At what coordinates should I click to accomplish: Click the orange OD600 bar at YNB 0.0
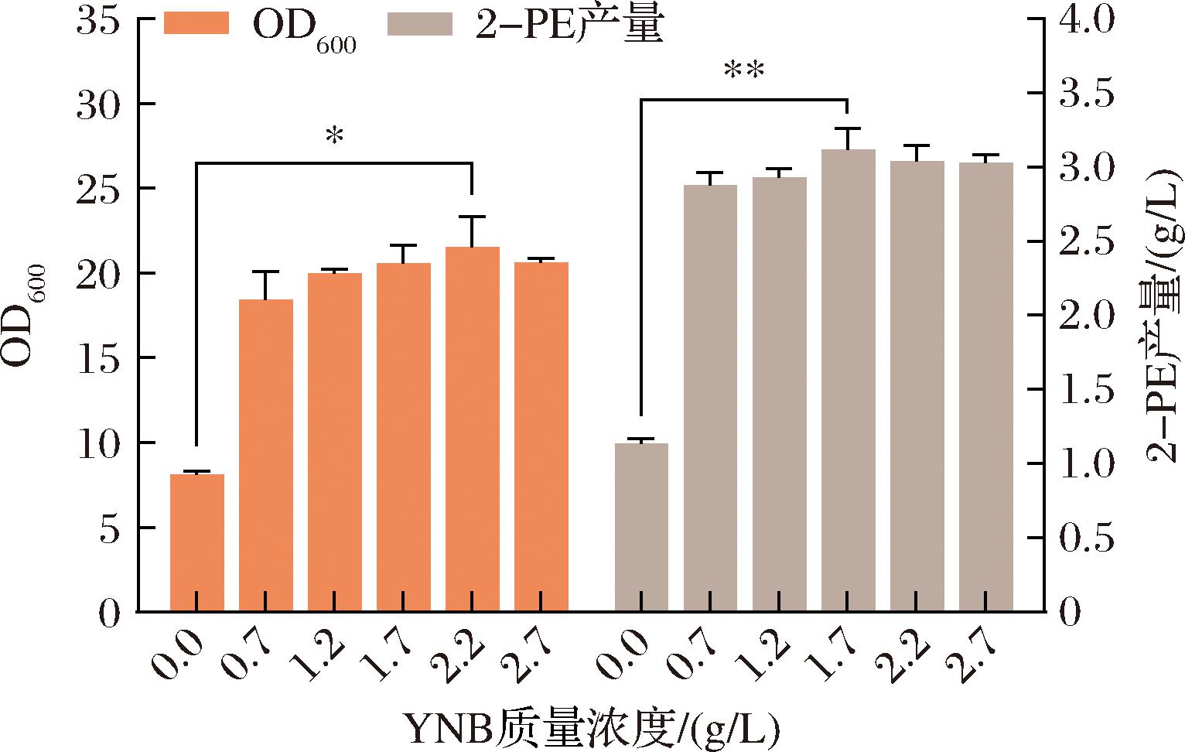tap(196, 542)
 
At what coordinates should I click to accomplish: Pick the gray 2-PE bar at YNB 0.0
tap(641, 526)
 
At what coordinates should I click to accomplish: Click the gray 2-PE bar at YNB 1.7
tap(848, 379)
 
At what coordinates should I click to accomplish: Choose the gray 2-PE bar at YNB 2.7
tap(985, 387)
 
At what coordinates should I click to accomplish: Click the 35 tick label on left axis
tap(98, 21)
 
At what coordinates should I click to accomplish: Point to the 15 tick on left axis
tap(98, 358)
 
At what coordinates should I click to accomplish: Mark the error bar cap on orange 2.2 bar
tap(472, 217)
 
